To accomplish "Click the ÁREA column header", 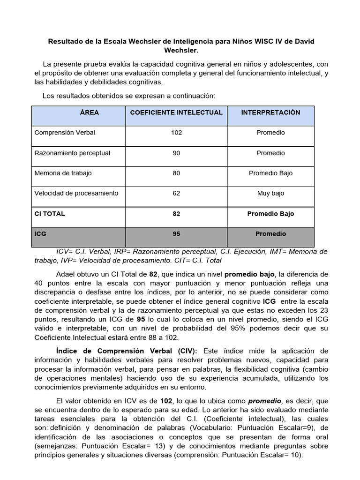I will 89,112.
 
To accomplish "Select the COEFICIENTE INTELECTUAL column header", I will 176,112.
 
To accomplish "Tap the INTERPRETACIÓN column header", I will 270,112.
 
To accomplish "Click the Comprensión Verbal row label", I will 65,133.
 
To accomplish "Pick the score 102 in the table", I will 176,133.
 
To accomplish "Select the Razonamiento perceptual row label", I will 72,153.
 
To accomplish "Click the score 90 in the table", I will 176,153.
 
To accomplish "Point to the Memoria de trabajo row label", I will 63,173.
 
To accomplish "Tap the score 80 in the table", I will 176,173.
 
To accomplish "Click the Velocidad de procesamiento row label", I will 76,193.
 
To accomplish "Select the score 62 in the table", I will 176,193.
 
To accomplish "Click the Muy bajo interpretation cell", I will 270,193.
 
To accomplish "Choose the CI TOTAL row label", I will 50,214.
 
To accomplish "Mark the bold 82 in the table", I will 176,214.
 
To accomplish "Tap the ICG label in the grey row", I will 41,233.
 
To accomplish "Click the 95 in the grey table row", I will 176,233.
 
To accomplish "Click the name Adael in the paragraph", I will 66,274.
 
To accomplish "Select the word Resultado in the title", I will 66,42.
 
